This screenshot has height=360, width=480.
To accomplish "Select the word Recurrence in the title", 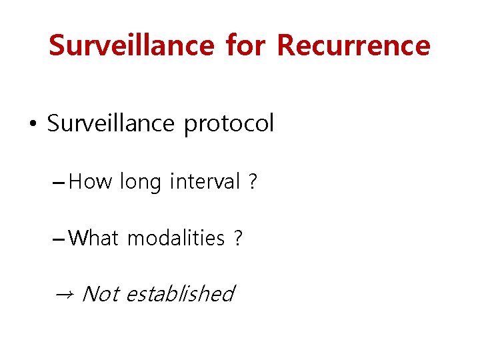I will pos(353,45).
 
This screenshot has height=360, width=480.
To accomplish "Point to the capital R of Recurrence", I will pos(286,45).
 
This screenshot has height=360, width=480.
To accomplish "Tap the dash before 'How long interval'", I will pos(59,181).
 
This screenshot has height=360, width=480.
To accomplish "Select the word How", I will pos(91,181).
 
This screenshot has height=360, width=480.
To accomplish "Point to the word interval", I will pos(204,181).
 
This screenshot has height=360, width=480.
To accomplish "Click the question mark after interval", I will pos(252,181).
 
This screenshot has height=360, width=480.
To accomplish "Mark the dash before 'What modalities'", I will pos(59,238).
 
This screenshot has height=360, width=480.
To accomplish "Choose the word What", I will pos(95,237).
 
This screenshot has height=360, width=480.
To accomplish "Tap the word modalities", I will pos(175,237).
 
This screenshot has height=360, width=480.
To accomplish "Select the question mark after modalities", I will pos(238,237).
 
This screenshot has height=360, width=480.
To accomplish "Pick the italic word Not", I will pos(99,293).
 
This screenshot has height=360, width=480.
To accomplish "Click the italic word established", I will pos(179,293).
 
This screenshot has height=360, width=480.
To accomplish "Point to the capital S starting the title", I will pos(57,45).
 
